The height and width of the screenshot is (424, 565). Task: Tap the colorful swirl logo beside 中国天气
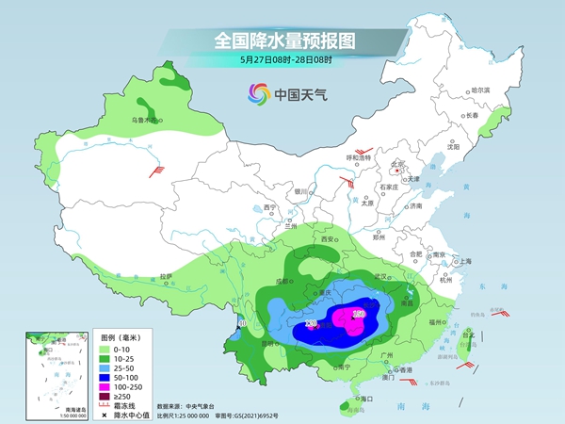[x=257, y=93]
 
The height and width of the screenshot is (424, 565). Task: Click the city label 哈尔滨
[x=480, y=90]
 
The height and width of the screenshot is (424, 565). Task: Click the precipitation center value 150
[x=358, y=314]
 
